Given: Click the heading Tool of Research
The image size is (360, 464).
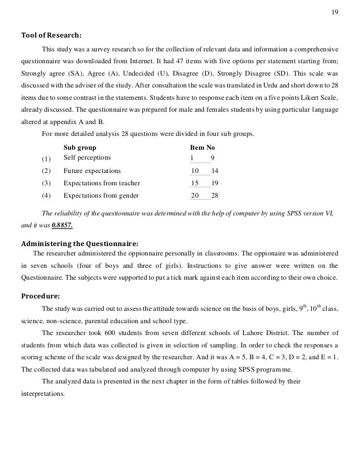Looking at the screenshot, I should (51, 36).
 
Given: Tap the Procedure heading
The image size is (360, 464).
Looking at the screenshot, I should (41, 296).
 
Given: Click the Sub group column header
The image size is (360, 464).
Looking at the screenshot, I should (80, 147).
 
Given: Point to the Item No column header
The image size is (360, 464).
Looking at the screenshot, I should (202, 147).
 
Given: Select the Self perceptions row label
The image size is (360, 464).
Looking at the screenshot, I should (87, 158).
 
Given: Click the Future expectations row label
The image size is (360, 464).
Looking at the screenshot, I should (92, 171).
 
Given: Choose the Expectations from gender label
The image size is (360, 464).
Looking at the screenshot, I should (101, 195).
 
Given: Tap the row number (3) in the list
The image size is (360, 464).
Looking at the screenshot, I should (46, 183).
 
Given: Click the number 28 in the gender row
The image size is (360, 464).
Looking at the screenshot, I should (214, 195).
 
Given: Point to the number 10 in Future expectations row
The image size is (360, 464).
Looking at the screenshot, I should (195, 171).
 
